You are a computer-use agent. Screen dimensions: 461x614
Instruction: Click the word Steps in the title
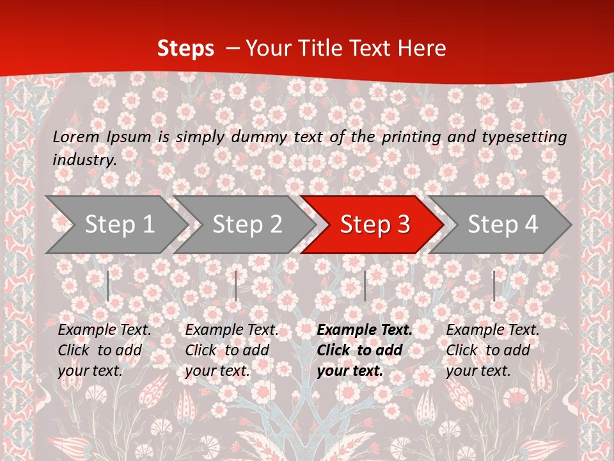[x=185, y=49]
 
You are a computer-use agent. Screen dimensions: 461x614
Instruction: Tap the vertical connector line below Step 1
[x=108, y=286]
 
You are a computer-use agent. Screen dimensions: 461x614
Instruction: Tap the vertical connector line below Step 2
[x=236, y=286]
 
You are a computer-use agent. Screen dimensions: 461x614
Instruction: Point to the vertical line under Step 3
[x=365, y=286]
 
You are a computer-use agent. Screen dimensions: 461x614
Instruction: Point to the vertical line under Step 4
[x=494, y=286]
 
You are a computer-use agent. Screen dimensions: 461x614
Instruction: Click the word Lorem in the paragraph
[x=76, y=137]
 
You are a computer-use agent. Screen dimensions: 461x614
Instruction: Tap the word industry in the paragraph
[x=83, y=160]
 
